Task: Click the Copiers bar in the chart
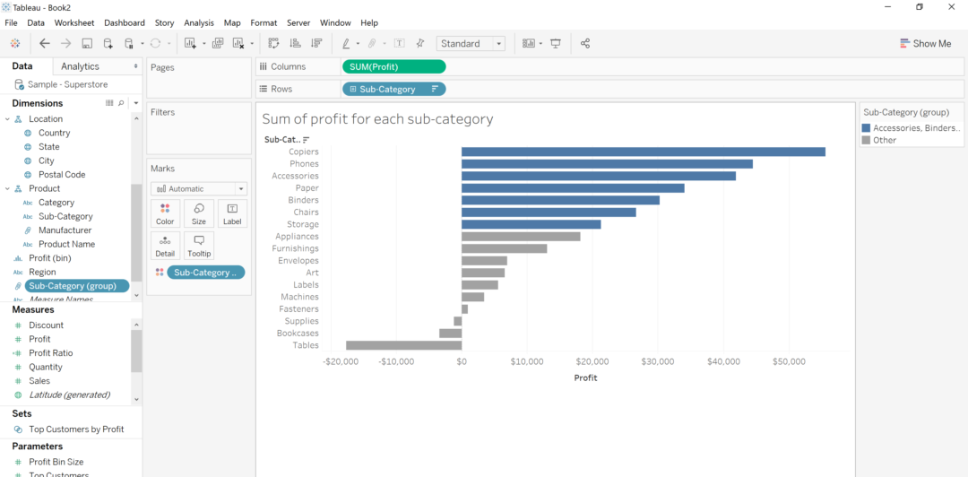643,152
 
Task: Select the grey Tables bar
403,345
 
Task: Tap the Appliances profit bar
521,237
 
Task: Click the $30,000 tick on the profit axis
658,362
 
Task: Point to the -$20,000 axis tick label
341,362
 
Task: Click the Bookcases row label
298,334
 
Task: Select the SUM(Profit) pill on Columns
393,66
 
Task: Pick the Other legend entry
885,140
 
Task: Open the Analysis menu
199,22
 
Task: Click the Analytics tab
81,66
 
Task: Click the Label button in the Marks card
232,213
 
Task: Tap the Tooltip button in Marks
199,246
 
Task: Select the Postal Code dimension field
62,175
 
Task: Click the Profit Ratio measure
51,353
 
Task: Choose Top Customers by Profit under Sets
76,429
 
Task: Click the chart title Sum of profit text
377,119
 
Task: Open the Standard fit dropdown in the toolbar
471,43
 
